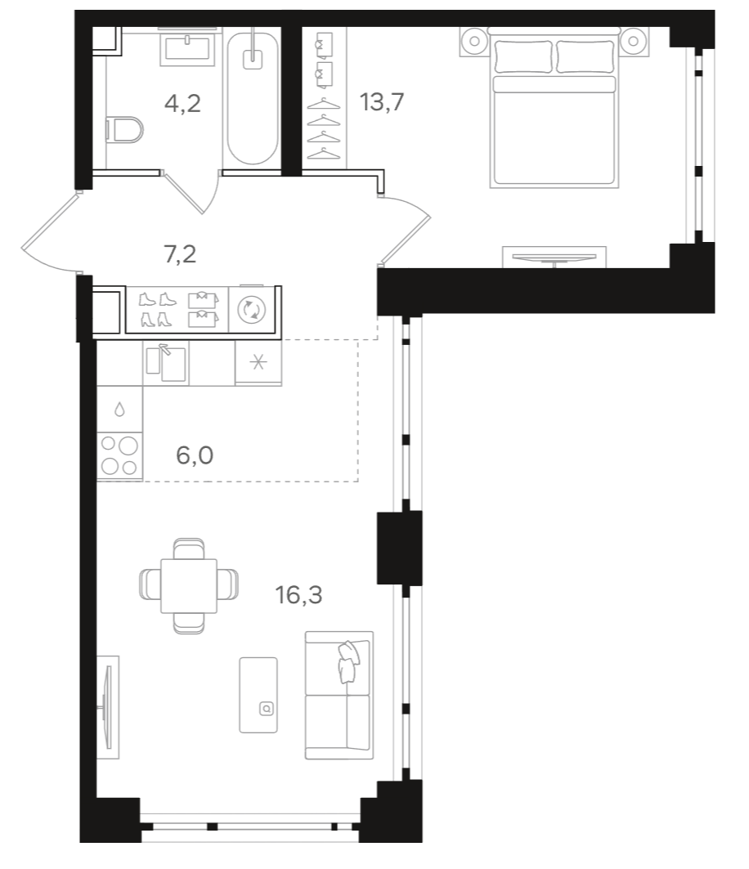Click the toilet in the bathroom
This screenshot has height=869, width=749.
click(124, 131)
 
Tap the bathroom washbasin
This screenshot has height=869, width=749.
click(189, 47)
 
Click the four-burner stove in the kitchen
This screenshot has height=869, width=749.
click(119, 456)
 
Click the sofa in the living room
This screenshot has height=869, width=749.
click(339, 694)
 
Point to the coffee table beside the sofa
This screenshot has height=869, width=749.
click(260, 694)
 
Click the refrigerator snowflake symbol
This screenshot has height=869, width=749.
click(258, 363)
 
